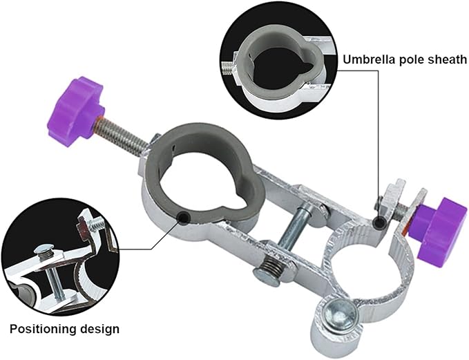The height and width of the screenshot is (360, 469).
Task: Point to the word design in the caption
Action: (x=99, y=329)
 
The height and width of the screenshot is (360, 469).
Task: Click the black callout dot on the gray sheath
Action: (x=183, y=217)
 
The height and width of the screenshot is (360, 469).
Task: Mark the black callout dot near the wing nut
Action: (x=380, y=222)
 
